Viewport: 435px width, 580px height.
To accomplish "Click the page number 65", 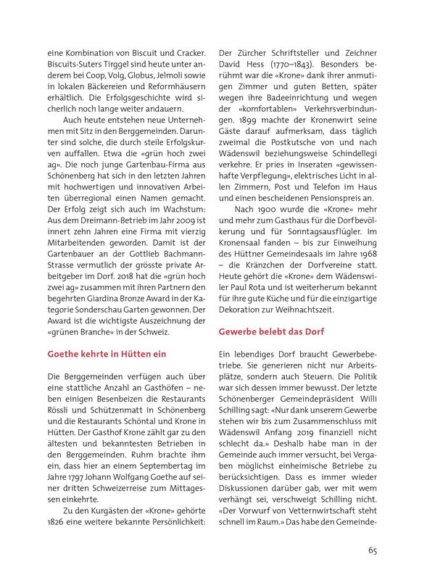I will click(x=372, y=550).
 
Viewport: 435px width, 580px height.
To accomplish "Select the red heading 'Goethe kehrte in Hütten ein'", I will click(x=107, y=354).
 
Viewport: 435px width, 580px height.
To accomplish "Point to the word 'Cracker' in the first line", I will click(x=188, y=53).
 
